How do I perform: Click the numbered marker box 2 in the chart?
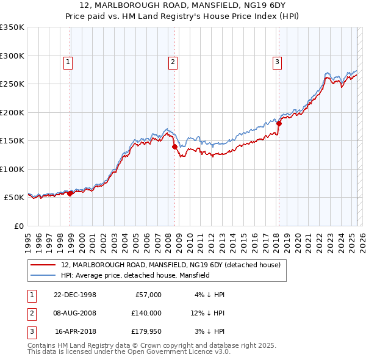(173, 61)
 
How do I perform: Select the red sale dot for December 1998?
(70, 193)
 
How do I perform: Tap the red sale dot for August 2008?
(174, 146)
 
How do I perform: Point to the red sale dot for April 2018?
(279, 123)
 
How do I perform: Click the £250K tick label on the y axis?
(12, 84)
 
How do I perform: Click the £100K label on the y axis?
(12, 169)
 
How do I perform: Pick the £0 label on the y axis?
(18, 226)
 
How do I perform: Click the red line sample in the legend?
(43, 265)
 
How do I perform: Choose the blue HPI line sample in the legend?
(43, 275)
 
